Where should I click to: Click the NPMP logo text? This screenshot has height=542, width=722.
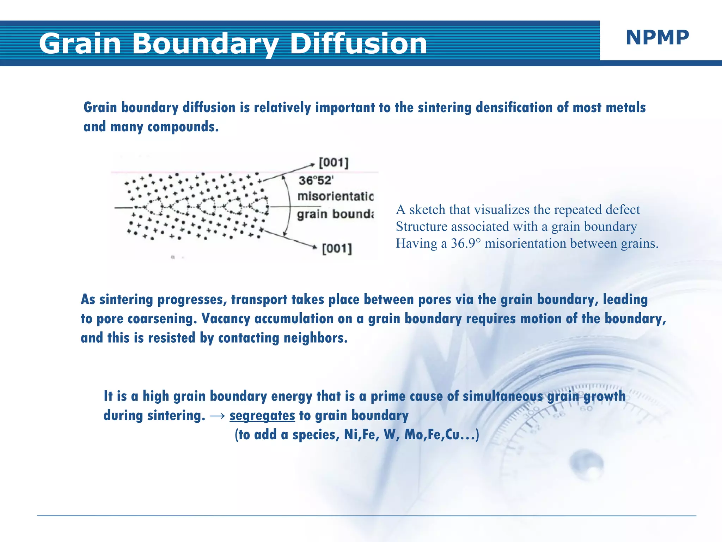tap(657, 37)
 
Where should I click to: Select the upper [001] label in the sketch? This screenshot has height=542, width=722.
tap(334, 163)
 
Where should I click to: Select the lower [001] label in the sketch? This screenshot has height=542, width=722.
tap(337, 248)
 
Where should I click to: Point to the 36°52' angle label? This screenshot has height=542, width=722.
tap(316, 181)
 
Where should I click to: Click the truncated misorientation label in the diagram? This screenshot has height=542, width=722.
tap(335, 196)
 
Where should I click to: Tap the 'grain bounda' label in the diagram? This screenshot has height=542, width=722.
tap(335, 214)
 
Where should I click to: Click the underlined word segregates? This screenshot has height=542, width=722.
tap(262, 415)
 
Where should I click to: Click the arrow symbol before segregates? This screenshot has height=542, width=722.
tap(217, 416)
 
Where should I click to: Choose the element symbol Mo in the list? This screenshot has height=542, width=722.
tap(415, 434)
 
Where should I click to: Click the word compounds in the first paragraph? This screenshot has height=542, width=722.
tap(183, 127)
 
